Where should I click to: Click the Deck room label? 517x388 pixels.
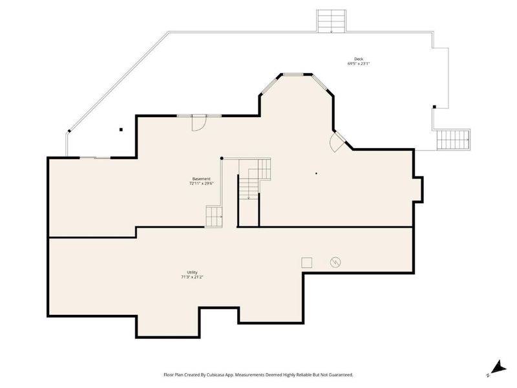pyautogui.click(x=359, y=59)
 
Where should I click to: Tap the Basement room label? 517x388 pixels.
pyautogui.click(x=201, y=179)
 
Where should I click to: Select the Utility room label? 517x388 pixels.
pyautogui.click(x=192, y=272)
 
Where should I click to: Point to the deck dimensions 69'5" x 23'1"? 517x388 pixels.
pyautogui.click(x=359, y=63)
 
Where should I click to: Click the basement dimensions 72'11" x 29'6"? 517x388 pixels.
pyautogui.click(x=201, y=184)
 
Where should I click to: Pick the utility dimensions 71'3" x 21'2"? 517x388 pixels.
pyautogui.click(x=192, y=277)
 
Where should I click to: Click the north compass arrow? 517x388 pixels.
pyautogui.click(x=498, y=367)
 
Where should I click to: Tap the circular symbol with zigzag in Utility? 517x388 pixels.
pyautogui.click(x=335, y=263)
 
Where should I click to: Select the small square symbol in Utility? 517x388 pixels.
pyautogui.click(x=306, y=263)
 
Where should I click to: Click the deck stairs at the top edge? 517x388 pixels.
pyautogui.click(x=332, y=21)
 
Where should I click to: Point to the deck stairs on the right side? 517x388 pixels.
pyautogui.click(x=454, y=140)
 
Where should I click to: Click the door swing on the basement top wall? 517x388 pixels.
pyautogui.click(x=199, y=123)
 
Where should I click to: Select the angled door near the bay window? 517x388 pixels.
pyautogui.click(x=337, y=142)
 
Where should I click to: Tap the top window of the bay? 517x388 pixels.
pyautogui.click(x=293, y=74)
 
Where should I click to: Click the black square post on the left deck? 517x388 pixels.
pyautogui.click(x=121, y=130)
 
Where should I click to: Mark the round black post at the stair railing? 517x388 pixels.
pyautogui.click(x=222, y=158)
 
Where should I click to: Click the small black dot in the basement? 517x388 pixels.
pyautogui.click(x=316, y=173)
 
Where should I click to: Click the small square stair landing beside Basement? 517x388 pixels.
pyautogui.click(x=214, y=217)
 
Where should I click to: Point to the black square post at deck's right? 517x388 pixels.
pyautogui.click(x=434, y=107)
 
